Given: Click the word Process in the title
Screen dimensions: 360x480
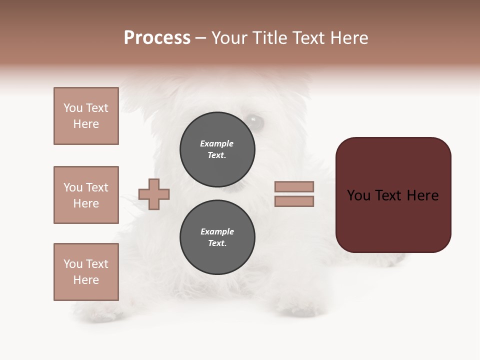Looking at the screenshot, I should [157, 37].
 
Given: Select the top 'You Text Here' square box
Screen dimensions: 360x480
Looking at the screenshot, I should [86, 116].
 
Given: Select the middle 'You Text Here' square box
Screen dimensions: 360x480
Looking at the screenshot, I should [86, 195].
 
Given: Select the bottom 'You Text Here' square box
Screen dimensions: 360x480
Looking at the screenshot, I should [86, 272].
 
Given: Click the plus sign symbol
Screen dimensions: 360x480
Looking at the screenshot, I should [154, 194].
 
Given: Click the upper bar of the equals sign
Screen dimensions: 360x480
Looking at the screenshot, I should [294, 186].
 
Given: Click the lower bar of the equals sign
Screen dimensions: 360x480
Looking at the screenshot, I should [294, 201].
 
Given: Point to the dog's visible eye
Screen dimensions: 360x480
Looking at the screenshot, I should [254, 120].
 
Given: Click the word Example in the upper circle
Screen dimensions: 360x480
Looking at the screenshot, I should [216, 143].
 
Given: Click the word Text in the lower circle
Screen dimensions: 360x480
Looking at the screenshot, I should [216, 243].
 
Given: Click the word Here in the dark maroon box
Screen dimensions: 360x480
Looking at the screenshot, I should [422, 195].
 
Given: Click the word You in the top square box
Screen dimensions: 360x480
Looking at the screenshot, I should [72, 108].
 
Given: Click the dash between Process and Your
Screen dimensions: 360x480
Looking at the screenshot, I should [200, 38].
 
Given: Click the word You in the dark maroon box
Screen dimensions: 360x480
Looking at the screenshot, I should [359, 195].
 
